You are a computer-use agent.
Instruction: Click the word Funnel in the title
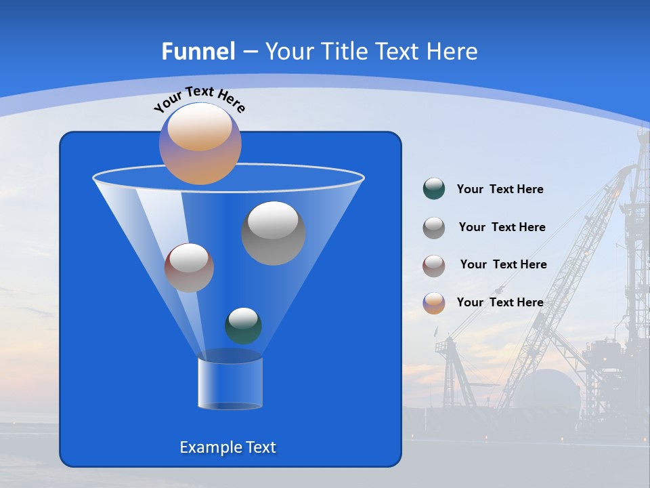click(x=198, y=52)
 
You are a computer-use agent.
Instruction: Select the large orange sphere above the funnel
click(x=200, y=144)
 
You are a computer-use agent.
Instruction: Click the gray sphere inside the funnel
click(x=273, y=233)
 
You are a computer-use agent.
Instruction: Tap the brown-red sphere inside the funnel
click(x=189, y=268)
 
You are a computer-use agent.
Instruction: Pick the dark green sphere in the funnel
click(x=243, y=325)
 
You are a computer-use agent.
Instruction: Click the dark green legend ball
click(x=433, y=189)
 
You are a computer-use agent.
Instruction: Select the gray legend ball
click(x=433, y=227)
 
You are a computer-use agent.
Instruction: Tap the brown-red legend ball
click(x=433, y=265)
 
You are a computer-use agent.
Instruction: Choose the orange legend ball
click(x=433, y=302)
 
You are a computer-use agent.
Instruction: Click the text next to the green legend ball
click(x=500, y=189)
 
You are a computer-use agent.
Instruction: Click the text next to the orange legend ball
click(x=500, y=302)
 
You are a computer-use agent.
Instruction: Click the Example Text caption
click(x=227, y=447)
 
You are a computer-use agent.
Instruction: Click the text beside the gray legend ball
click(x=502, y=227)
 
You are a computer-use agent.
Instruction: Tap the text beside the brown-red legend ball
click(x=503, y=264)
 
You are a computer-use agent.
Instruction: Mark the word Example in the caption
click(x=206, y=447)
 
